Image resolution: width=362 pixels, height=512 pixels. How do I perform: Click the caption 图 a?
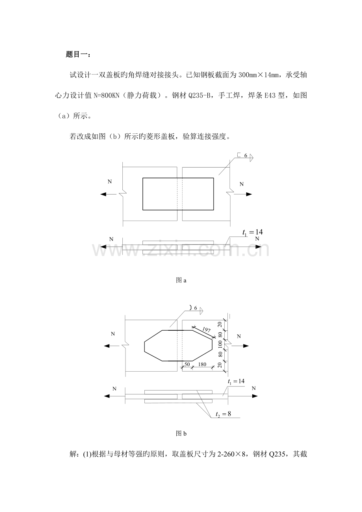coord(181,280)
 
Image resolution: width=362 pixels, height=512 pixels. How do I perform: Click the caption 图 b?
coord(181,434)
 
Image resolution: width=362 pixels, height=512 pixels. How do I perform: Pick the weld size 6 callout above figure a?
coord(246,156)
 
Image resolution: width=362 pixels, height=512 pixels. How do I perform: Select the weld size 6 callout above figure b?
coord(196,308)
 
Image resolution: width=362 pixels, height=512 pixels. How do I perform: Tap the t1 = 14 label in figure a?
coord(253,232)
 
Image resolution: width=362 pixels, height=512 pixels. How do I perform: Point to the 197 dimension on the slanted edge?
coord(206,330)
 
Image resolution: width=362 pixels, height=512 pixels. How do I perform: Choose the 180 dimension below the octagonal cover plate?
coord(202,365)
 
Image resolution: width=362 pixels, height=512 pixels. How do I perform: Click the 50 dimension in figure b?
coord(187,365)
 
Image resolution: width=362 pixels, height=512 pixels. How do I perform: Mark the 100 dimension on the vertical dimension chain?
coord(220,344)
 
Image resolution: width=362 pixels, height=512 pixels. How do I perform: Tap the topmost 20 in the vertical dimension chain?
coord(220,324)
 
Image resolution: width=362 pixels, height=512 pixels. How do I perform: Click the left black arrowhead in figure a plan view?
coord(103,194)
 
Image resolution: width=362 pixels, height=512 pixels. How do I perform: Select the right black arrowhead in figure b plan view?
coord(246,346)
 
